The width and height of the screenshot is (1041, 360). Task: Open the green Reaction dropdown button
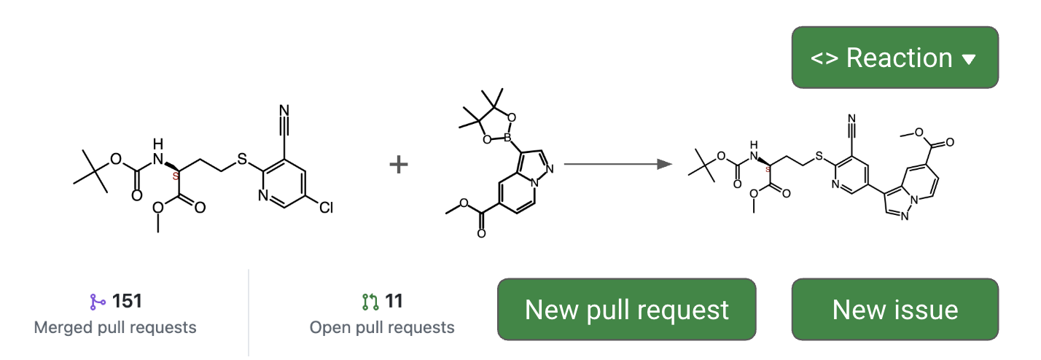coord(894,58)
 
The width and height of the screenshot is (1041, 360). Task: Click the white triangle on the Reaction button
coord(969,60)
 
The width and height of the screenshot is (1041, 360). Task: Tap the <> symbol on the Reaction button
coord(824,58)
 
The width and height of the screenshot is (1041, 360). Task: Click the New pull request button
coord(626,310)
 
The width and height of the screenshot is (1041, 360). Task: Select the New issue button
coord(894,310)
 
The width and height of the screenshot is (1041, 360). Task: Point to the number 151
coord(127,300)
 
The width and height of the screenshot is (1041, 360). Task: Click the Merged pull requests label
coord(115,328)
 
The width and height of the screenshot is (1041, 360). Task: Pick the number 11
coord(394,300)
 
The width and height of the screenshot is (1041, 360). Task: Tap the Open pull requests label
coord(382,328)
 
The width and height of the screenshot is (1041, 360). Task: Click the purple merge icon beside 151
coord(98,301)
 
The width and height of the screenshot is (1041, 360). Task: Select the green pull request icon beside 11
coord(370,301)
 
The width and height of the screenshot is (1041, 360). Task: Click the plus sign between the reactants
coord(398,165)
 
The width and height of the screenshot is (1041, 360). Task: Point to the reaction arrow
coord(617,165)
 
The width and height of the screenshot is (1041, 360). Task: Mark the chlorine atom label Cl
coord(325,208)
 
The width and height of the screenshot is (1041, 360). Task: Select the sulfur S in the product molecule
coord(819,156)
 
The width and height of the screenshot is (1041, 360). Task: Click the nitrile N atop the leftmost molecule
coord(284,111)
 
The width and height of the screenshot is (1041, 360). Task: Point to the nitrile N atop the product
coord(851,118)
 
